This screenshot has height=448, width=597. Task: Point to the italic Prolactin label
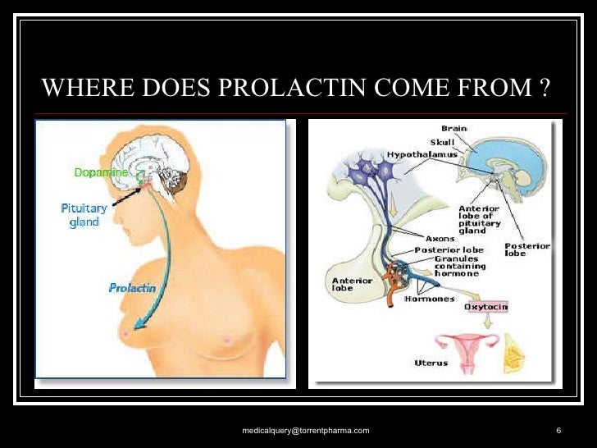coord(130,288)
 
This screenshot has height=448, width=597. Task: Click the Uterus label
coord(431,362)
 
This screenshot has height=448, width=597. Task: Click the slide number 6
coord(558,431)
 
